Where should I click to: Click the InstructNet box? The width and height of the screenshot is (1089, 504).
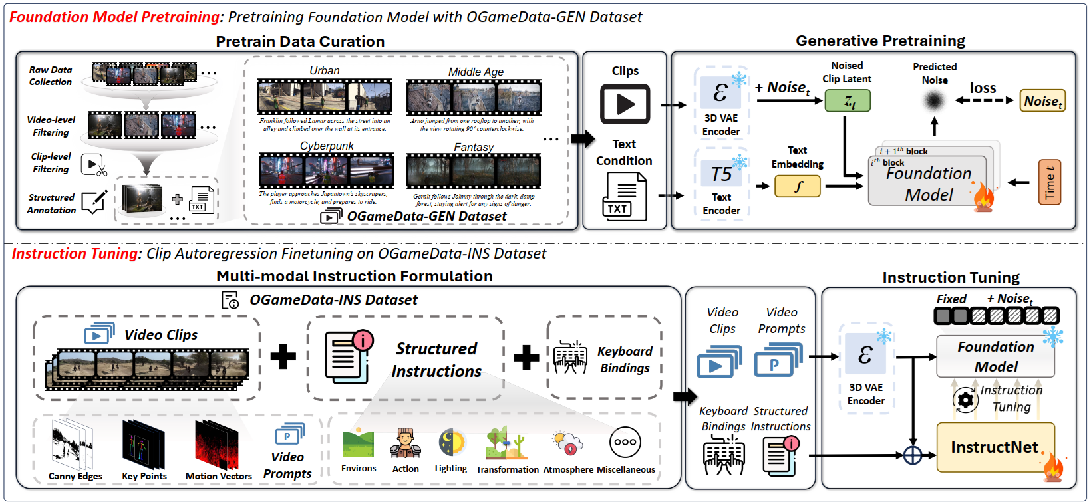[995, 447]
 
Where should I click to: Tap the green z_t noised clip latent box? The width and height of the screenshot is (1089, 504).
[848, 101]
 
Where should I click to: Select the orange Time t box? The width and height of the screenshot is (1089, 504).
[1050, 182]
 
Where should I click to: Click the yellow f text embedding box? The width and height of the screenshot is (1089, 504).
[798, 187]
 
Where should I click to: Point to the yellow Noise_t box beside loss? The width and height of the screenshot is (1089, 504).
[1042, 101]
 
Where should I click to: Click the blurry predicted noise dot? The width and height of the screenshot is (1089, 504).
[934, 101]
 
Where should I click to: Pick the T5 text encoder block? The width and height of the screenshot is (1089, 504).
[721, 174]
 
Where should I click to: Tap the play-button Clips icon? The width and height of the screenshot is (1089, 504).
[625, 104]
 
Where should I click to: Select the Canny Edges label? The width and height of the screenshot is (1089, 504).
[75, 476]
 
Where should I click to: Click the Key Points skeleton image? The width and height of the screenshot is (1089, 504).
[143, 445]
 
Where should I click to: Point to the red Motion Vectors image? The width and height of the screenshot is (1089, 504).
[216, 445]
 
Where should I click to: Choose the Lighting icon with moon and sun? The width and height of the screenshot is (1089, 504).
[451, 443]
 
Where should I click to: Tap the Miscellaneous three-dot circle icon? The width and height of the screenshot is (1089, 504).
[625, 442]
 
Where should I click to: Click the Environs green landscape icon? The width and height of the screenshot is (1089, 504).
[359, 443]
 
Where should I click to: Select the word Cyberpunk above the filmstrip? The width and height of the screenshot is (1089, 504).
[327, 146]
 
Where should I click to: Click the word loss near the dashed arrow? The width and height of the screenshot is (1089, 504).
[983, 88]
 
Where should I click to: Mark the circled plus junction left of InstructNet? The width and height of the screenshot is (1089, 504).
[913, 455]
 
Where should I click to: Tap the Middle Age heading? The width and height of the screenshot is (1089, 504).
[476, 72]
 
